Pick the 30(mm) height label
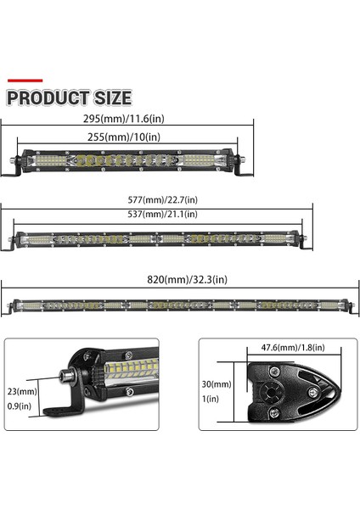tap(219, 383)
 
